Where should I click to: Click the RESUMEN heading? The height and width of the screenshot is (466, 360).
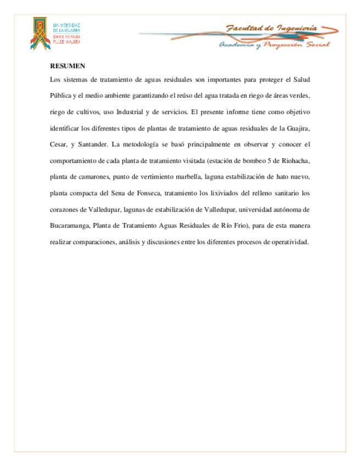click(x=67, y=66)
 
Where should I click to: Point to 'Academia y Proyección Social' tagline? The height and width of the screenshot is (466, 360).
click(x=274, y=45)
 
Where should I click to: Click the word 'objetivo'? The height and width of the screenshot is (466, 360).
click(x=298, y=112)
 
